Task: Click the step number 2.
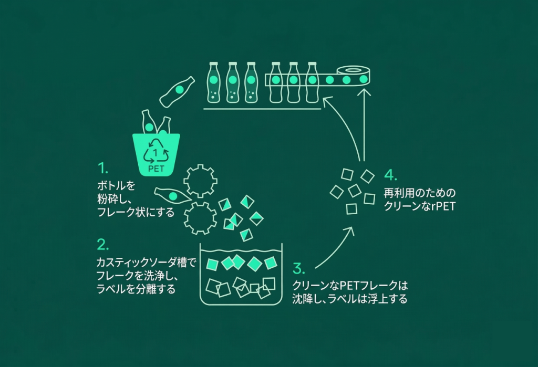[104, 244]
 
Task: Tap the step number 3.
[298, 269]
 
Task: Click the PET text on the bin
[156, 168]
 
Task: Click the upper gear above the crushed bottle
[200, 180]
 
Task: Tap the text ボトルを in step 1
[116, 186]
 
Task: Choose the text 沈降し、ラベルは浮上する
[350, 300]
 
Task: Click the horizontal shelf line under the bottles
[262, 109]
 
